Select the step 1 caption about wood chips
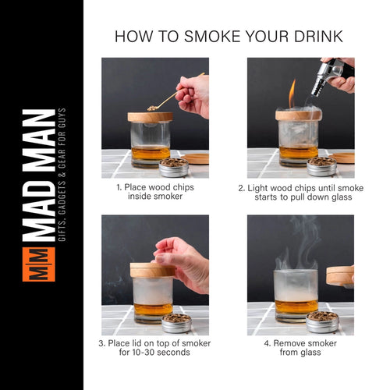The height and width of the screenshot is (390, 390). point(155,191)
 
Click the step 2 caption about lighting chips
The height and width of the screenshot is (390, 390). point(300,191)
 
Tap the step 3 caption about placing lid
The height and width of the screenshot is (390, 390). point(155,347)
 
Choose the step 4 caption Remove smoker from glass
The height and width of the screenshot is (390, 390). point(300,347)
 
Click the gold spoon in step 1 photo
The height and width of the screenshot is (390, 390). point(165,100)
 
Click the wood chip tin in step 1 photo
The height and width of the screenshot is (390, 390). point(173,166)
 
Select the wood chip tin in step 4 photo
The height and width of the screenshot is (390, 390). point(321,321)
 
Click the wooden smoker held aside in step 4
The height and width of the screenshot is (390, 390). point(340,275)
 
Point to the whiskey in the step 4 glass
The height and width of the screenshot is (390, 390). point(296,307)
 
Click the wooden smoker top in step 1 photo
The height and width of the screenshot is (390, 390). point(150,117)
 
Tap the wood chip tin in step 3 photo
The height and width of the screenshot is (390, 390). point(176,321)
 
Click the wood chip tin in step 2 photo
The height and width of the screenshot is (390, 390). point(321,165)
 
